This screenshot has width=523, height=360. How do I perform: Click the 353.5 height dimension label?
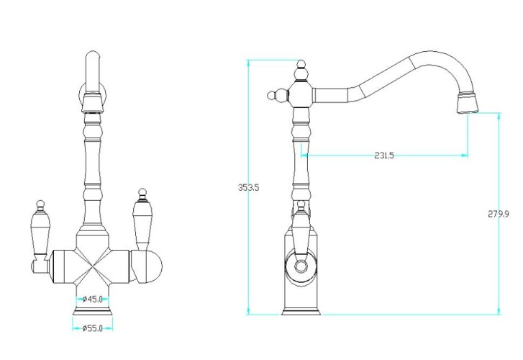click(248, 187)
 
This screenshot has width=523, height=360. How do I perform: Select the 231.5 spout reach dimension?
click(384, 156)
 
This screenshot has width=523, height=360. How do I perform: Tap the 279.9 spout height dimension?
click(499, 214)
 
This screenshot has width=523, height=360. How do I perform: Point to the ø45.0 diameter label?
click(92, 299)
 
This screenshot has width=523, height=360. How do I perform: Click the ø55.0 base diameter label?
click(92, 328)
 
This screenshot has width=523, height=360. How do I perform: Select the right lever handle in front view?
click(142, 220)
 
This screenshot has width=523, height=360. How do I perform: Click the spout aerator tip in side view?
click(467, 102)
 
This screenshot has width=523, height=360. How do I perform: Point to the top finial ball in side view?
click(301, 65)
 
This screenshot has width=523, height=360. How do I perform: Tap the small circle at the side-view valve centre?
click(301, 266)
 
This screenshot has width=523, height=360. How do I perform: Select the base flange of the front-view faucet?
click(93, 311)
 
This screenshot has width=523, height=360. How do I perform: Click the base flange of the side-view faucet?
click(301, 312)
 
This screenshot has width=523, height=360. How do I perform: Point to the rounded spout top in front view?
click(92, 55)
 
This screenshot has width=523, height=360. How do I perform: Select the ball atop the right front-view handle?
click(142, 192)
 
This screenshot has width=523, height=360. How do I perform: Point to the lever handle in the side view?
click(301, 230)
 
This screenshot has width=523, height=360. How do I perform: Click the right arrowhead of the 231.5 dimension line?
click(464, 155)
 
